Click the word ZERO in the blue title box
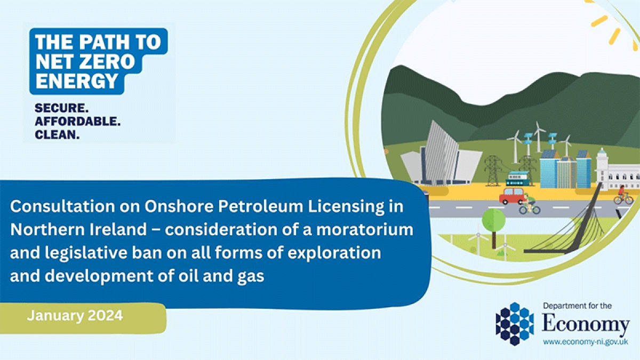107,61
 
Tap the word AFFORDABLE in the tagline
77,122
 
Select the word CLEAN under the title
57,134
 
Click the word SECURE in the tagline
61,108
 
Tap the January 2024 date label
75,316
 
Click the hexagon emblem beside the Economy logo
515,324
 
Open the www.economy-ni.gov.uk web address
586,342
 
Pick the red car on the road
513,196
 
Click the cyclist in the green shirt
530,204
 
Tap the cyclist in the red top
623,195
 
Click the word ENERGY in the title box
77,81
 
